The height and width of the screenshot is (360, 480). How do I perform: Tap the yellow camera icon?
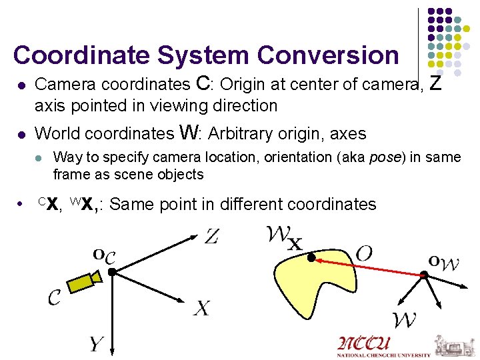coord(84,281)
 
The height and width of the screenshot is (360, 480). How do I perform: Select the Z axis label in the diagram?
coord(211,237)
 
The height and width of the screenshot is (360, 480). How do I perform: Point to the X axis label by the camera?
coord(202,308)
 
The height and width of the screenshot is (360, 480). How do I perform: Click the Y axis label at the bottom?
coord(96,344)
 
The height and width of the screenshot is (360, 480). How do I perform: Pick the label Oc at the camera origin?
coord(104,255)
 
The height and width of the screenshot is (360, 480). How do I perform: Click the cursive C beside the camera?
coord(55,297)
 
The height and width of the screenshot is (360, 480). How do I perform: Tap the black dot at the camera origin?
coord(113,272)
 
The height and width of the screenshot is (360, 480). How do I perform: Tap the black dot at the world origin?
coord(424,275)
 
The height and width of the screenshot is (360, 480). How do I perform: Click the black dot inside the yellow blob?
coord(311,257)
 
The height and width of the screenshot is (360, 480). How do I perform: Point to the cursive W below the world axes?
coord(405,320)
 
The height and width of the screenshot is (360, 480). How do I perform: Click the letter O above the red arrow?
coord(364,253)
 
